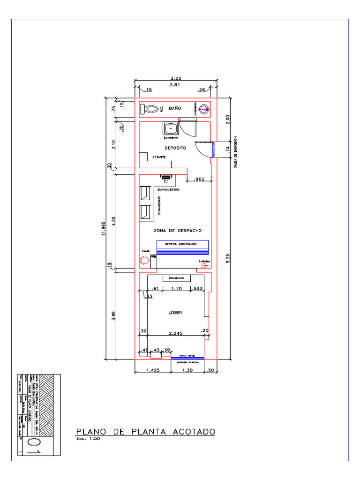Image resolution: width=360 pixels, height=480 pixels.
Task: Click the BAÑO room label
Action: pyautogui.click(x=175, y=108)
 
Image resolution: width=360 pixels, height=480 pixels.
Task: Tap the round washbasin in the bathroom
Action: pyautogui.click(x=204, y=110)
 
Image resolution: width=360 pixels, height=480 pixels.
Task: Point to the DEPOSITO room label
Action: pyautogui.click(x=175, y=148)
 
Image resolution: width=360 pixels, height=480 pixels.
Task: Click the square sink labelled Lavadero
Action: pyautogui.click(x=170, y=128)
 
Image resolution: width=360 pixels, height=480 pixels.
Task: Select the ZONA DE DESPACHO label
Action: pyautogui.click(x=178, y=231)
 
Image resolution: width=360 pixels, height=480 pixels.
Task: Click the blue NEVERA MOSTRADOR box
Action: pyautogui.click(x=182, y=247)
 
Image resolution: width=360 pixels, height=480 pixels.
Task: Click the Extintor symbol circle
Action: pyautogui.click(x=204, y=265)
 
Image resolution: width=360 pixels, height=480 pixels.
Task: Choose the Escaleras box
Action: pyautogui.click(x=177, y=278)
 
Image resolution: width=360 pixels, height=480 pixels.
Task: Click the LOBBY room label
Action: pyautogui.click(x=175, y=313)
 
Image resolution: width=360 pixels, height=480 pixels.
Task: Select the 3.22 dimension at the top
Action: pyautogui.click(x=176, y=78)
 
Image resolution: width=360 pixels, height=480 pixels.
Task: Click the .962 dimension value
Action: pyautogui.click(x=199, y=179)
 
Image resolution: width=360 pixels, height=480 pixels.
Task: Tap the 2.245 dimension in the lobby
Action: pyautogui.click(x=176, y=333)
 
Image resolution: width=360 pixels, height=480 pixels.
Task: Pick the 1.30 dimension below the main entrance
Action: pyautogui.click(x=187, y=371)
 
